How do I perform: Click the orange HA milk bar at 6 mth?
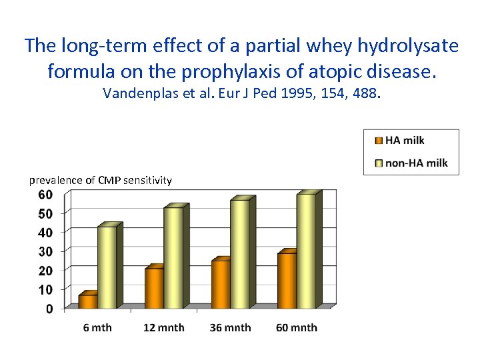click(x=88, y=301)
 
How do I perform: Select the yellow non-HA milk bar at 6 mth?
click(x=107, y=267)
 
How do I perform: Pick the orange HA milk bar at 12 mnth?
click(x=154, y=288)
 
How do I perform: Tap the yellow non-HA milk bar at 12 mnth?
click(x=173, y=258)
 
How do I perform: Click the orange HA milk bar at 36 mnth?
click(x=221, y=284)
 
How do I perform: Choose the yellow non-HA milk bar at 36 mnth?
click(x=239, y=254)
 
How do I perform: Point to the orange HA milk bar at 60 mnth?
click(x=287, y=281)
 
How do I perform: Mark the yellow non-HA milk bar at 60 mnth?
click(x=306, y=251)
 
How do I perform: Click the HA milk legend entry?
click(x=405, y=140)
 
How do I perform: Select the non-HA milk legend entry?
click(x=416, y=163)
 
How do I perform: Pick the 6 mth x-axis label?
click(x=97, y=327)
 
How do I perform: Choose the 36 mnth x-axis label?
click(x=230, y=327)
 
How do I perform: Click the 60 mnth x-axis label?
click(x=296, y=327)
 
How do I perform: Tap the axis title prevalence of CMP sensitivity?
click(x=100, y=180)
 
